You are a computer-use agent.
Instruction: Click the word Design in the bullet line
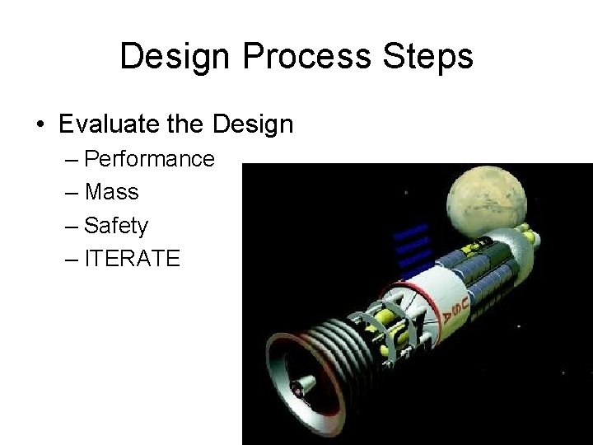pyautogui.click(x=252, y=124)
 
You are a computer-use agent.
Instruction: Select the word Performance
pyautogui.click(x=150, y=158)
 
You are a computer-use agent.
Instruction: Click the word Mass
pyautogui.click(x=112, y=192)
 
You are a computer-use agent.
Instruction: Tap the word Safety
pyautogui.click(x=116, y=225)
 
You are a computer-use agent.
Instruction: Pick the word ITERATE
pyautogui.click(x=132, y=258)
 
